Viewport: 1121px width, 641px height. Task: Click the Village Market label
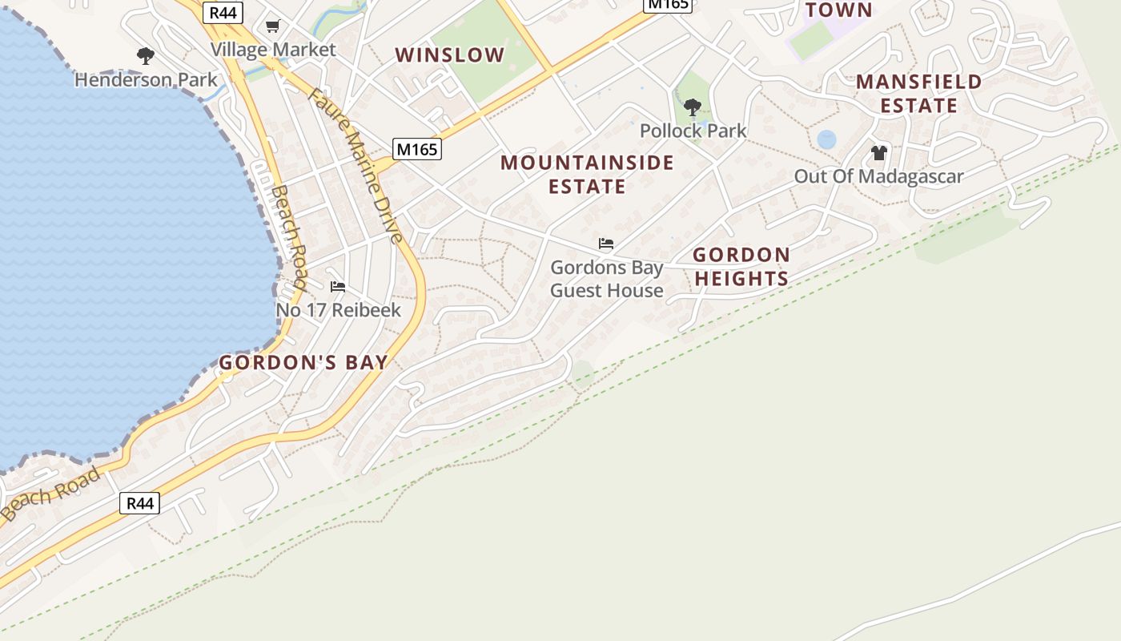coord(273,50)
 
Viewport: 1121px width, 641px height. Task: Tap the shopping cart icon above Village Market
coord(272,26)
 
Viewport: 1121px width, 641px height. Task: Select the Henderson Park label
coord(146,80)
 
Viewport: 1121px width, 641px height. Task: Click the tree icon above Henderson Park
coord(145,56)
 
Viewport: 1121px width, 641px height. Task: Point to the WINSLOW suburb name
coord(450,55)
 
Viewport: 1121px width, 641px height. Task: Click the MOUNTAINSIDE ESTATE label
coord(587,175)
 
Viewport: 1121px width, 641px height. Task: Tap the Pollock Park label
coord(693,131)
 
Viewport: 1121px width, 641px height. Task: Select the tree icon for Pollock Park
coord(693,107)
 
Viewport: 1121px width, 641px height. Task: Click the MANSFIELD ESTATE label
coord(918,94)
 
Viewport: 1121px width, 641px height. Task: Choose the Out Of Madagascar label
coord(878,176)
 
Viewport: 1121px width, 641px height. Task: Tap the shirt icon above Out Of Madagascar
coord(878,153)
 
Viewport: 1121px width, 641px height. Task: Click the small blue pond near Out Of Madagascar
coord(826,139)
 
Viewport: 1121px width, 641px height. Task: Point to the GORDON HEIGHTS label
coord(741,267)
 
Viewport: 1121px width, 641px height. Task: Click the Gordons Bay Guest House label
coord(606,279)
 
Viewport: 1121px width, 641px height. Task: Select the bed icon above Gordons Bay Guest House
coord(606,244)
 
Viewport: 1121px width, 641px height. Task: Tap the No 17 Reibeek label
coord(338,310)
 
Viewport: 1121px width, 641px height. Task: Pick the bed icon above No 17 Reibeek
coord(338,287)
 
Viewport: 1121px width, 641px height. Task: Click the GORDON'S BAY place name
coord(303,363)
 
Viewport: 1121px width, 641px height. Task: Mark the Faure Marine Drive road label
coord(355,165)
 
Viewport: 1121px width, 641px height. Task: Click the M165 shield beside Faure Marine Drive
coord(417,149)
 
